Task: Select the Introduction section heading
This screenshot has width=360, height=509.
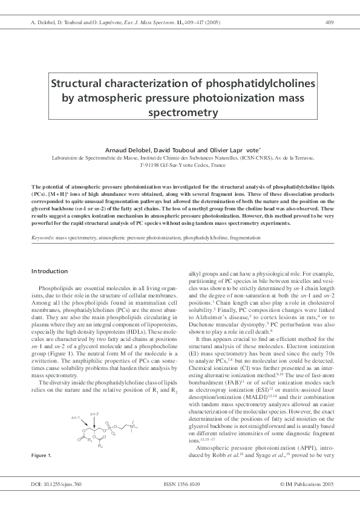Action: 50,271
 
